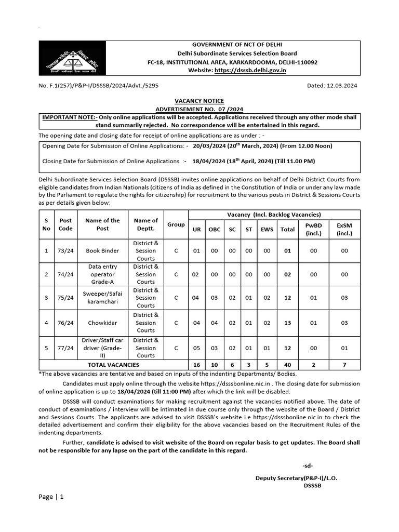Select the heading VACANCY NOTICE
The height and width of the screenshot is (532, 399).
click(199, 101)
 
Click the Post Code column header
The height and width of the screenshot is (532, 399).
click(66, 224)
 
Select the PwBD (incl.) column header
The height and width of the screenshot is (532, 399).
click(314, 229)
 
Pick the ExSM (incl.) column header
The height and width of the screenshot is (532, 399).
click(344, 229)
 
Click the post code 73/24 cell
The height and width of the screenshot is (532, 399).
click(66, 251)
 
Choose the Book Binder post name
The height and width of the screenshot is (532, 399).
click(102, 251)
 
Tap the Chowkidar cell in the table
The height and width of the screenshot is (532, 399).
click(102, 323)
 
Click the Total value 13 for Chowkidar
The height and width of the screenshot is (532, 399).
click(287, 323)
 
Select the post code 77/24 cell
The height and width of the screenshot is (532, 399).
click(66, 348)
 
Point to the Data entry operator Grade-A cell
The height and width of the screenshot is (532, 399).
click(102, 274)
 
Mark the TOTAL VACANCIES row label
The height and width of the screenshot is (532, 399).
click(114, 365)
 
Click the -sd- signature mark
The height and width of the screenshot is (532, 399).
click(307, 465)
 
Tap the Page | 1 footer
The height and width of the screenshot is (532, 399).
click(51, 497)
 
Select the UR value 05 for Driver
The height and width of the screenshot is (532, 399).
click(197, 348)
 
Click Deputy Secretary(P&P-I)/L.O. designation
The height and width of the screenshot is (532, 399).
click(296, 478)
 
